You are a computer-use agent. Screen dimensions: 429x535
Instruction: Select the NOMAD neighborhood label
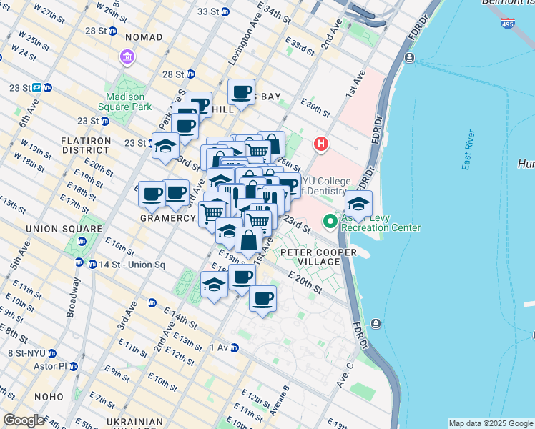(x=143, y=37)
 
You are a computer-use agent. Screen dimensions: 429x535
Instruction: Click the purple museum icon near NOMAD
(x=127, y=56)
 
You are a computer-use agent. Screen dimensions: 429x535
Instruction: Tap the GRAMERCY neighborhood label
(x=167, y=218)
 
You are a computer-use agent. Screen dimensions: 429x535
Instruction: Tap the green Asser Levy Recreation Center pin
(x=330, y=221)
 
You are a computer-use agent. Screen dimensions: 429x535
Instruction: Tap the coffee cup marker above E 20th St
(x=262, y=299)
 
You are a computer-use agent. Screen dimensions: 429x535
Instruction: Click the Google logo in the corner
(x=24, y=420)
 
